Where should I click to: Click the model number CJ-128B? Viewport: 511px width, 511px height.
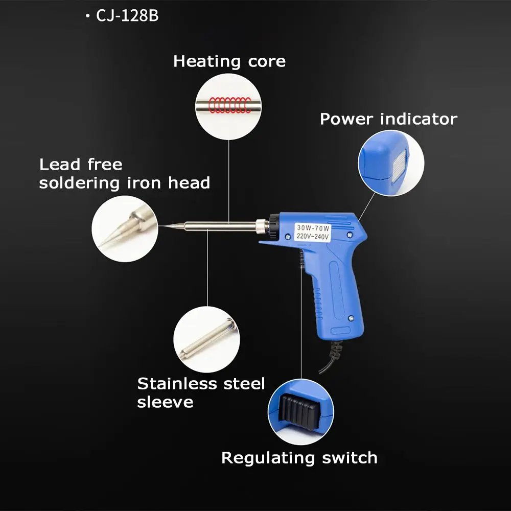pos(127,16)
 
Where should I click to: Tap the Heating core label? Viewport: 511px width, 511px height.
pos(229,61)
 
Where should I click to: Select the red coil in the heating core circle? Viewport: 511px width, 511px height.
pos(230,105)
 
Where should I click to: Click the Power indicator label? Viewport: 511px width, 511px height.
pos(388,119)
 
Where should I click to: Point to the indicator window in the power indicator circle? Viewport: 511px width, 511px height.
pos(399,166)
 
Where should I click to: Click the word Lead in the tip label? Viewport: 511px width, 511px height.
pos(60,164)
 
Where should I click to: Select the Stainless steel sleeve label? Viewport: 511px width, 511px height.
pos(201,392)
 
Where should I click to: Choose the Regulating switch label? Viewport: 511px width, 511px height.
pos(299,458)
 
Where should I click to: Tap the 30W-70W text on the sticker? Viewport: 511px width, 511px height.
pos(313,228)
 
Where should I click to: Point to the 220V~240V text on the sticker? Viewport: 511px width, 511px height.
pos(313,236)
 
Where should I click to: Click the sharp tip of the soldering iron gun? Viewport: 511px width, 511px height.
pos(161,225)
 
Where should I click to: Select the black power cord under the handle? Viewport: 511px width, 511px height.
pos(331,357)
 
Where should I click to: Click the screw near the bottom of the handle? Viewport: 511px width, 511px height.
pos(351,318)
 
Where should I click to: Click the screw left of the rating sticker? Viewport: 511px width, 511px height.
pos(288,237)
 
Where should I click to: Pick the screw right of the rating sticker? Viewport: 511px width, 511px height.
pos(350,235)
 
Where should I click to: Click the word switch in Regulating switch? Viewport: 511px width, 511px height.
pos(350,457)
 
